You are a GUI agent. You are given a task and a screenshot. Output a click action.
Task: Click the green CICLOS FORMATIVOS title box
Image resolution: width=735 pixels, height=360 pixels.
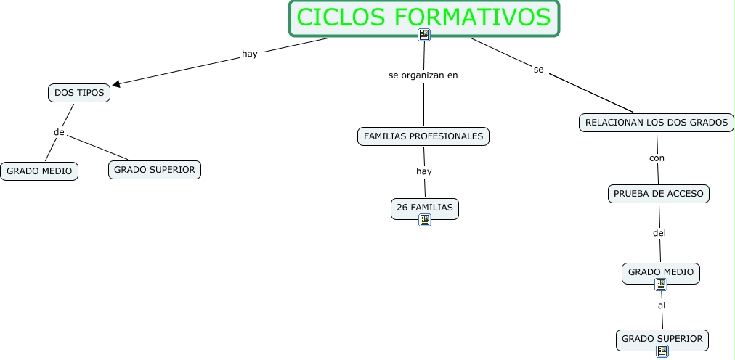pyautogui.click(x=425, y=17)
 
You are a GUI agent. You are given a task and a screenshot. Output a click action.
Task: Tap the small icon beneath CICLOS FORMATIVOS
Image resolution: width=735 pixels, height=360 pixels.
pyautogui.click(x=424, y=35)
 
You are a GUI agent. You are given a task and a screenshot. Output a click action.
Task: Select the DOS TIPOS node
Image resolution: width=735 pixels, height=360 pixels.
pyautogui.click(x=79, y=93)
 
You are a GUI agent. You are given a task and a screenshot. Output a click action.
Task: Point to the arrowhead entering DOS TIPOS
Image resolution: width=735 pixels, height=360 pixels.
pyautogui.click(x=116, y=83)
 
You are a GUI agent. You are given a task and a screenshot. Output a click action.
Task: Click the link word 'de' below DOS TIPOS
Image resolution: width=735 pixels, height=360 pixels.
pyautogui.click(x=60, y=132)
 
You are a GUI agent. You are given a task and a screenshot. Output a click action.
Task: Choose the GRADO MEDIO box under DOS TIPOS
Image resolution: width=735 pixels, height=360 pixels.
pyautogui.click(x=39, y=171)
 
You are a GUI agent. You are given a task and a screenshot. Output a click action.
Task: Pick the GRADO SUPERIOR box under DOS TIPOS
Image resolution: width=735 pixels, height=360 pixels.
pyautogui.click(x=155, y=170)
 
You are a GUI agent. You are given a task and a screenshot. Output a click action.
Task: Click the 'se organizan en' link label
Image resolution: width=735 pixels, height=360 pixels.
pyautogui.click(x=423, y=75)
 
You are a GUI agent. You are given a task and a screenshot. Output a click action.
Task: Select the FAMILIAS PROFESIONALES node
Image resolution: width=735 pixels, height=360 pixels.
pyautogui.click(x=423, y=136)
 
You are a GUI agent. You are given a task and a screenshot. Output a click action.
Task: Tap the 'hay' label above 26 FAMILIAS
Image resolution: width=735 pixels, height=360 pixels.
pyautogui.click(x=424, y=171)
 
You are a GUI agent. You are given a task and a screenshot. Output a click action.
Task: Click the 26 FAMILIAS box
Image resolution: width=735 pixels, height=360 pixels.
pyautogui.click(x=425, y=208)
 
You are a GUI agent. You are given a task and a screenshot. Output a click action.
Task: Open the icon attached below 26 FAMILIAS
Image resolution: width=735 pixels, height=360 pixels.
pyautogui.click(x=425, y=220)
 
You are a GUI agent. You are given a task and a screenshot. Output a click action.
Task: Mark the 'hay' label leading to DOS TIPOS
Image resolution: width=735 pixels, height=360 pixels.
pyautogui.click(x=250, y=53)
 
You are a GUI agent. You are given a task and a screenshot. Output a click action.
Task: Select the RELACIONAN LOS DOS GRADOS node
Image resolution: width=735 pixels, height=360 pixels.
pyautogui.click(x=657, y=123)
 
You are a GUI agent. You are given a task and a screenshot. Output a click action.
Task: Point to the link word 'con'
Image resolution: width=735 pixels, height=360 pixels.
pyautogui.click(x=657, y=157)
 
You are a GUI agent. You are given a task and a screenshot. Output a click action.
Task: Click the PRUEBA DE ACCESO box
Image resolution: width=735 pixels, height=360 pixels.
pyautogui.click(x=658, y=194)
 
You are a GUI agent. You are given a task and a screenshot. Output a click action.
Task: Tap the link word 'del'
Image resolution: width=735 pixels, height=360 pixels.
pyautogui.click(x=659, y=233)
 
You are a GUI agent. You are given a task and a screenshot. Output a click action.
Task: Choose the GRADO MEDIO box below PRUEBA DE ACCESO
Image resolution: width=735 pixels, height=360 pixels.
pyautogui.click(x=661, y=272)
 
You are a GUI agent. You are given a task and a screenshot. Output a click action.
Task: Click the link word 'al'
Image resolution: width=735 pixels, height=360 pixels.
pyautogui.click(x=662, y=306)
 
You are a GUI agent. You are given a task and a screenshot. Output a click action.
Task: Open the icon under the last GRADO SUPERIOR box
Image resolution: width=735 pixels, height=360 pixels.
pyautogui.click(x=662, y=351)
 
